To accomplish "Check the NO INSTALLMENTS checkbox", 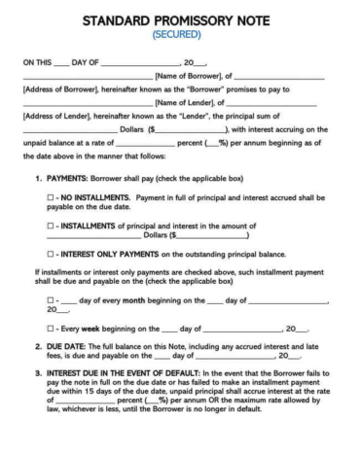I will click(x=52, y=197).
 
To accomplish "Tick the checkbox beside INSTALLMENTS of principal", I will click(x=52, y=226).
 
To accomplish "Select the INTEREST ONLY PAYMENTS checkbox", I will click(x=52, y=255).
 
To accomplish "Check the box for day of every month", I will click(x=51, y=300).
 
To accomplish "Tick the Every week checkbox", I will click(x=51, y=329).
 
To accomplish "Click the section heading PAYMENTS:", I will click(x=69, y=179).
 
